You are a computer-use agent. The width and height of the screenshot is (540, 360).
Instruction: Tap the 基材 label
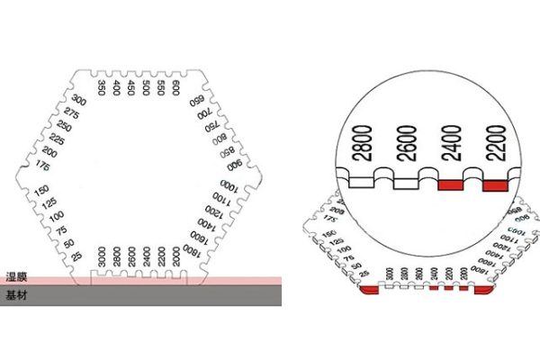point(15,293)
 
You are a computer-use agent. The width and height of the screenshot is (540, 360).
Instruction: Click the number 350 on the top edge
point(102,87)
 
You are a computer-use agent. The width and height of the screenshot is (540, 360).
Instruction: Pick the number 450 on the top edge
point(131,87)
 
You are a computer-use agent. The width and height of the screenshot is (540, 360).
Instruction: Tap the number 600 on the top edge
point(175,88)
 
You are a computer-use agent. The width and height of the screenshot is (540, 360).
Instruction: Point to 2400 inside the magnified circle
point(453,144)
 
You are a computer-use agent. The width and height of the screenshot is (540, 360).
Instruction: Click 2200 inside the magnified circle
point(496,144)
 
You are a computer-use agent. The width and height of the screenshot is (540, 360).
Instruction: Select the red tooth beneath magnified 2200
point(495,185)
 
